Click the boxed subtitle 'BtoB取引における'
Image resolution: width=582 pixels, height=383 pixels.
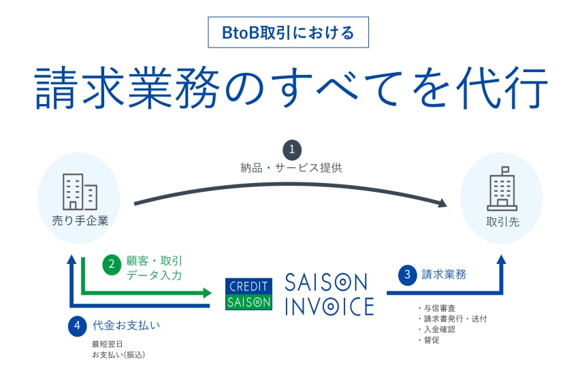[288, 32]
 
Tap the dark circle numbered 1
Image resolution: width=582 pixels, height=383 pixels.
[292, 150]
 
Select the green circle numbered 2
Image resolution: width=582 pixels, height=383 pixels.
[112, 265]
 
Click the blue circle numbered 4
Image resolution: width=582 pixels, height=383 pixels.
[77, 327]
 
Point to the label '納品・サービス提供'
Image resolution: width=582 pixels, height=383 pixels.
[291, 168]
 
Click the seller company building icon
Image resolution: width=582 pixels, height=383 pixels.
[80, 192]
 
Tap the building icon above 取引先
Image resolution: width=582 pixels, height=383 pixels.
[502, 188]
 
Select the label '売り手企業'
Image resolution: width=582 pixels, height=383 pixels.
[80, 221]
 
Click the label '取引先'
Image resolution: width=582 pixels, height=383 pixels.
[502, 222]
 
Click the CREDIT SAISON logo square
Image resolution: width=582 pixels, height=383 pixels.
[248, 294]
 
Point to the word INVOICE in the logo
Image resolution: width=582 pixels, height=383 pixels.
[329, 307]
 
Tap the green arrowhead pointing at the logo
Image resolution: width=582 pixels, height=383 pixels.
[207, 293]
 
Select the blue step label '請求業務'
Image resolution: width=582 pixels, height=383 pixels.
[444, 275]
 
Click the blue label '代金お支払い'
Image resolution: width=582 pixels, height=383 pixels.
[127, 326]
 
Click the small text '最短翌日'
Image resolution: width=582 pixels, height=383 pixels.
[108, 344]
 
